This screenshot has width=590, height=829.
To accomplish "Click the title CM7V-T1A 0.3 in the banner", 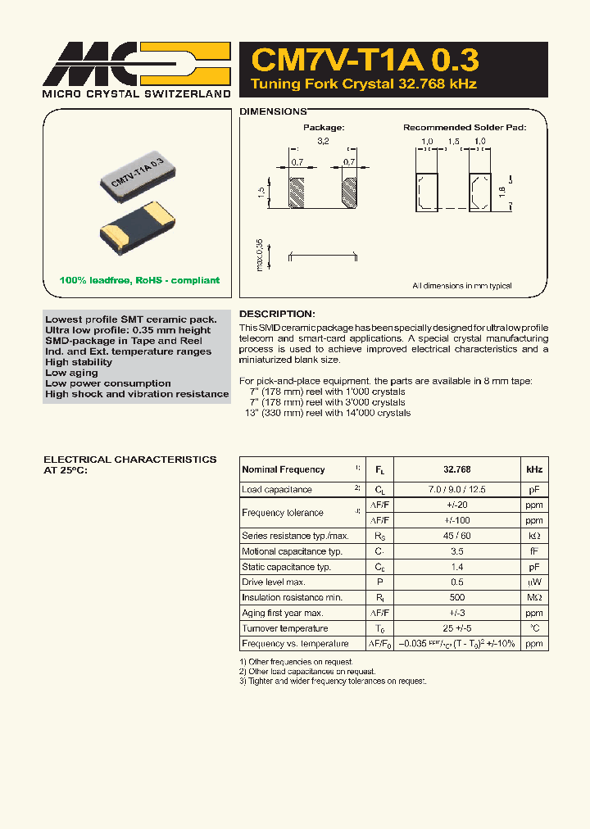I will coord(365,61).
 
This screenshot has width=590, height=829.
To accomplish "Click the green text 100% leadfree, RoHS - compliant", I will coord(139,280).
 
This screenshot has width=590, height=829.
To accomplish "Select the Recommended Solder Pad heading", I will coord(464,128).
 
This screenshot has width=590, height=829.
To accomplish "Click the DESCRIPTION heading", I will coord(276,314).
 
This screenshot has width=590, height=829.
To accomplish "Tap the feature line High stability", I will coord(79,362).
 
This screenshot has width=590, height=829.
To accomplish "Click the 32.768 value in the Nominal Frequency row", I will coord(456,469).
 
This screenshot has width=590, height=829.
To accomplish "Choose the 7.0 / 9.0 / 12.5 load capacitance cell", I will coord(456,490).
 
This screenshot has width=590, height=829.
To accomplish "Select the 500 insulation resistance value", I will coord(456,598).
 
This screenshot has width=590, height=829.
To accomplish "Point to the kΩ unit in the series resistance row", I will coord(534,536).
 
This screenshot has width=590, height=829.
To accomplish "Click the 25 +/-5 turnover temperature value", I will coord(456,628).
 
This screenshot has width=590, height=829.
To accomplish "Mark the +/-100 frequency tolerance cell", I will coord(456,520).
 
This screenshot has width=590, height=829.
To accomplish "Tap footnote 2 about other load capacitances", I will coord(297,672).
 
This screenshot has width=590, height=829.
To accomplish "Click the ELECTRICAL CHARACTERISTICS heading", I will coord(129,460).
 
